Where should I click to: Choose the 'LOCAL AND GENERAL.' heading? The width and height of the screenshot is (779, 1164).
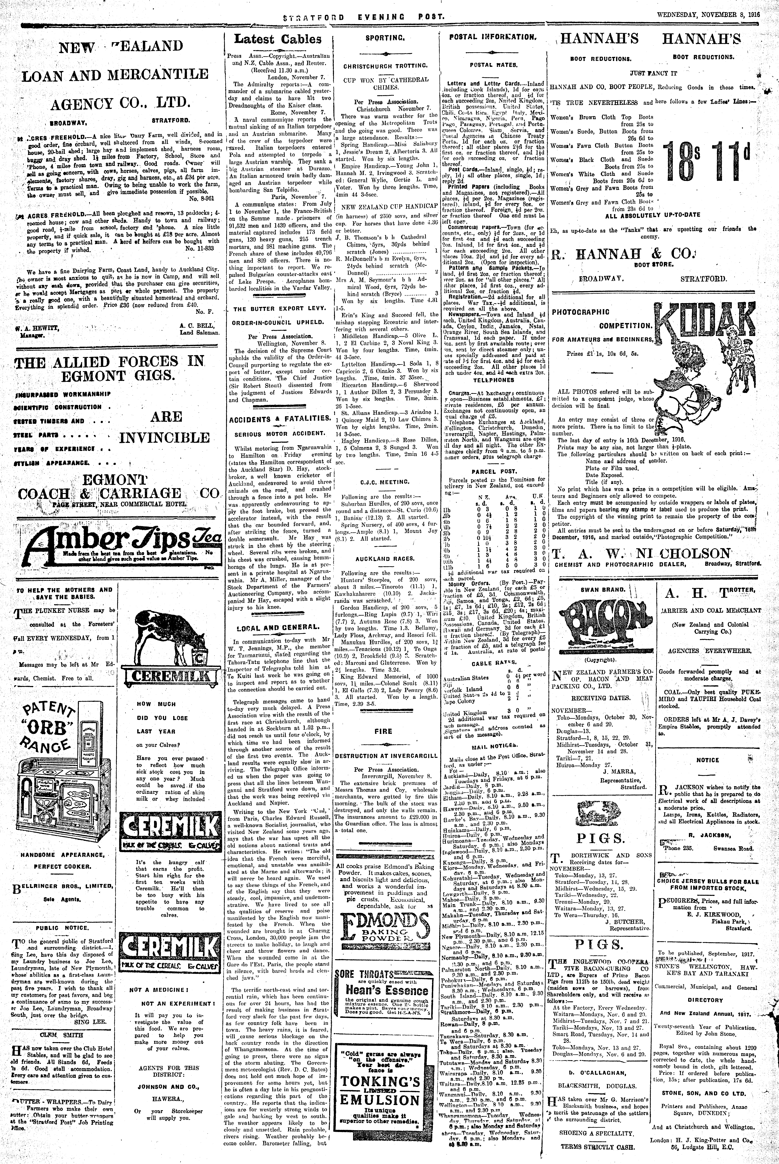coord(278,627)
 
